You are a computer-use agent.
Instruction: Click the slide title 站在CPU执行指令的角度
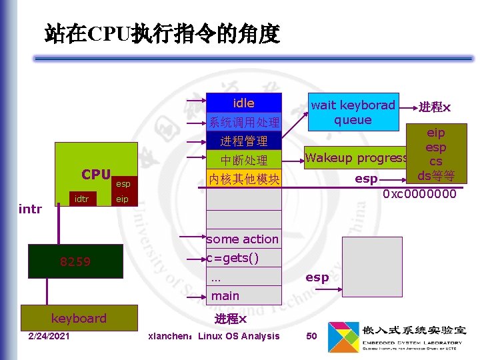point(162,33)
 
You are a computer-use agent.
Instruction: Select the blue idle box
point(244,103)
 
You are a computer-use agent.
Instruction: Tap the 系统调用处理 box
point(244,122)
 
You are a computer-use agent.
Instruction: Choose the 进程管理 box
point(244,141)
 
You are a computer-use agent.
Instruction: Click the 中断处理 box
point(244,160)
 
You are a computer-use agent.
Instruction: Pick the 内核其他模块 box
point(244,179)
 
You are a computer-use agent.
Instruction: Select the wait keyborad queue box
point(353,112)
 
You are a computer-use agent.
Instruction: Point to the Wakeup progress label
point(356,158)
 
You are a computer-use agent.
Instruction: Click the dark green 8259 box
point(75,261)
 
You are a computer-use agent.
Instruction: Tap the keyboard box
point(79,318)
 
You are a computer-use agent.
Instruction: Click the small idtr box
point(82,199)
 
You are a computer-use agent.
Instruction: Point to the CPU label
point(96,175)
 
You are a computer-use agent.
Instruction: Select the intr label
point(30,209)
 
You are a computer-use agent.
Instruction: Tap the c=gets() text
point(232,258)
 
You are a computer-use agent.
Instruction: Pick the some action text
point(242,239)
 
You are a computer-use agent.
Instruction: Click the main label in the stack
point(225,295)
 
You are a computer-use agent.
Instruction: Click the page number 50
point(311,336)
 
